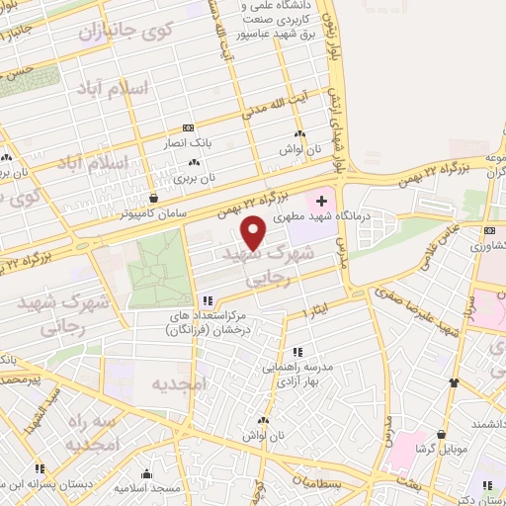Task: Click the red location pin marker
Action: pos(254,233)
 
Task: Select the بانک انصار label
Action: pos(188,144)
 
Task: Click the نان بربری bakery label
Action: pos(194,180)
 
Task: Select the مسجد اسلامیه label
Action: pos(145,488)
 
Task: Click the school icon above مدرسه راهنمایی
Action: pos(297,351)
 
